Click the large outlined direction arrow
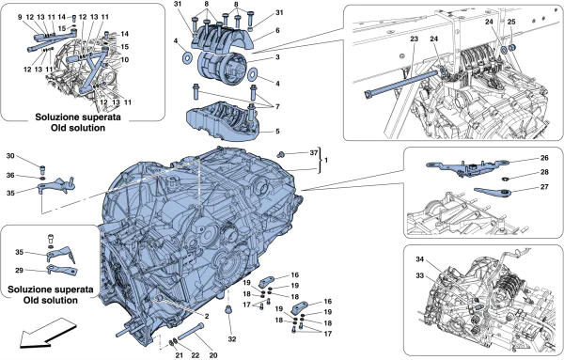click(47, 333)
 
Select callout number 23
click(414, 39)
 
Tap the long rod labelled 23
click(402, 84)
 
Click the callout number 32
click(232, 338)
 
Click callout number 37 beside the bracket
click(314, 153)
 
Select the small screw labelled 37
click(280, 155)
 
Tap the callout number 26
click(544, 158)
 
